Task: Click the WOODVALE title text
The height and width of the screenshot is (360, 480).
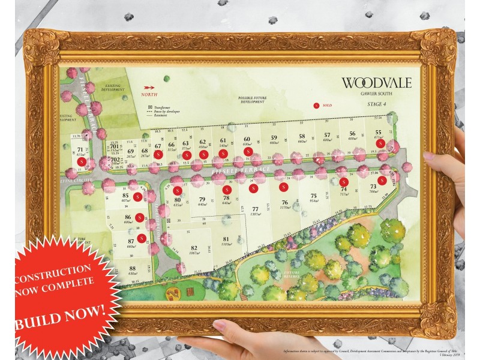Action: click(x=376, y=83)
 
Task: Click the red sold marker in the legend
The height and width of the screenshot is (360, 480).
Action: click(x=317, y=105)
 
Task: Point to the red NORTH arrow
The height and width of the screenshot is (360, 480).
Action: click(x=148, y=88)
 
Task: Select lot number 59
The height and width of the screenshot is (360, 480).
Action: click(x=274, y=137)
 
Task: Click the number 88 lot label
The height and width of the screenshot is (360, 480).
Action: click(x=132, y=268)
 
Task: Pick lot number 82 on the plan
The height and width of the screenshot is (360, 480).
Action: click(x=194, y=248)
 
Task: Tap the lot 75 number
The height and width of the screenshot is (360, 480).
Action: click(x=313, y=196)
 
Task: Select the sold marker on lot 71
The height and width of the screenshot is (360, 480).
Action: click(x=82, y=161)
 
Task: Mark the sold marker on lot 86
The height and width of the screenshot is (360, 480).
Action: click(x=139, y=217)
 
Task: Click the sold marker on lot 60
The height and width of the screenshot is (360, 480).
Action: click(x=247, y=153)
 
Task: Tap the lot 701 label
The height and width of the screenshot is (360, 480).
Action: click(x=115, y=146)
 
